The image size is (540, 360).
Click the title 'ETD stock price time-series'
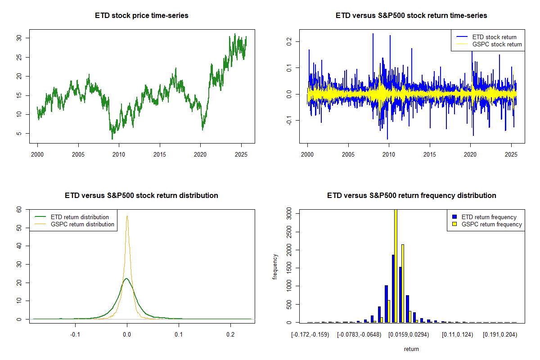pos(142,16)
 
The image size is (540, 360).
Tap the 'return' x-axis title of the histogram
pos(411,349)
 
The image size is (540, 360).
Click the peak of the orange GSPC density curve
pos(127,216)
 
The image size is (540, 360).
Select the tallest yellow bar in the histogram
pos(396,265)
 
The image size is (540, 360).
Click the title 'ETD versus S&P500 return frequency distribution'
pos(411,196)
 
